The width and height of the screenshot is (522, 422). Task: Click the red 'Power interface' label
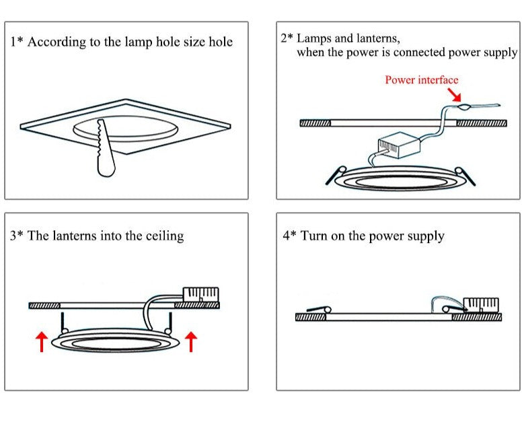point(421,80)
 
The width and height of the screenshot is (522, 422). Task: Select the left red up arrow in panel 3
point(41,341)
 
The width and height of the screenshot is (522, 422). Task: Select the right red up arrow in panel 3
point(191,341)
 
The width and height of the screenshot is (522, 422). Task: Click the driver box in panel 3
point(200,295)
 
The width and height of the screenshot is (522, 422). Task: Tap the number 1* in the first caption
point(17,42)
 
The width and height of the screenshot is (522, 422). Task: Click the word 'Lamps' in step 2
point(315,38)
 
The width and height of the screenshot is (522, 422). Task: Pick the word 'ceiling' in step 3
point(164,236)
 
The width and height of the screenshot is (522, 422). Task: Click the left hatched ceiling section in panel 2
point(314,124)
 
